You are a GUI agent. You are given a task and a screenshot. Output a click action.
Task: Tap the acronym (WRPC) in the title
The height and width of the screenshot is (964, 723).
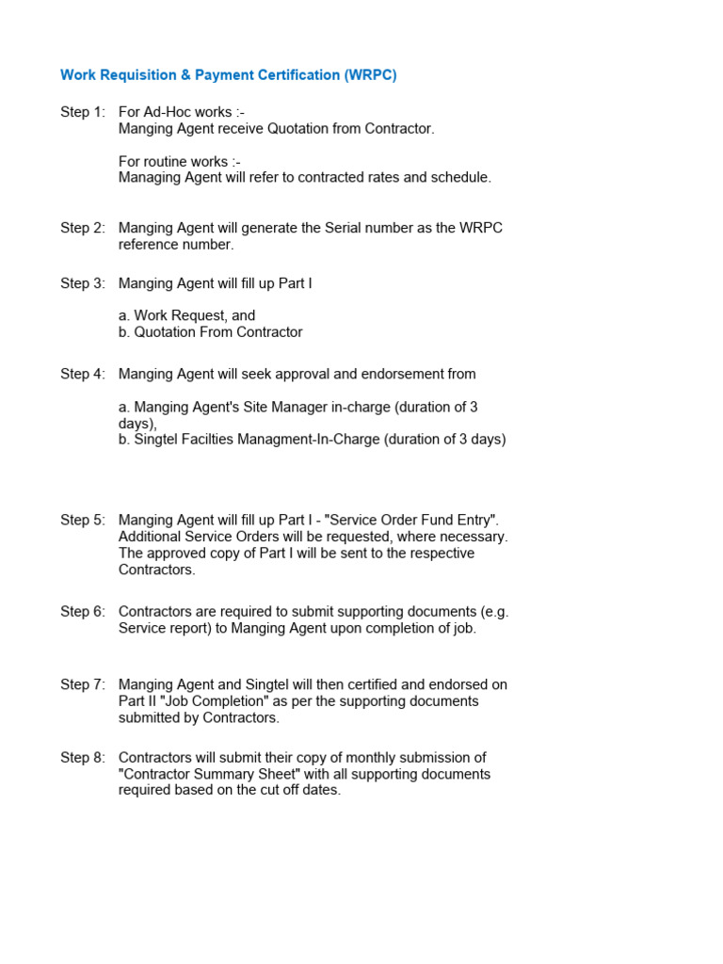(370, 75)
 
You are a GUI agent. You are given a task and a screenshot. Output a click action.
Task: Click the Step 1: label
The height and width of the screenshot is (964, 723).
(83, 112)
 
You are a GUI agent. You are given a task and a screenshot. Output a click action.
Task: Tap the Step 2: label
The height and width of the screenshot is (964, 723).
(83, 228)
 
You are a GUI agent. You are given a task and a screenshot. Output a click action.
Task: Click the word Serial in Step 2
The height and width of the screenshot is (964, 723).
(324, 228)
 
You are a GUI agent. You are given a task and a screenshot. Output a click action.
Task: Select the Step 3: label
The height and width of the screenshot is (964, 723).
(83, 283)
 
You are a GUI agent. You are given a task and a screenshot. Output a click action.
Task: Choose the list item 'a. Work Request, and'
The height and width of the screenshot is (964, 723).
(186, 315)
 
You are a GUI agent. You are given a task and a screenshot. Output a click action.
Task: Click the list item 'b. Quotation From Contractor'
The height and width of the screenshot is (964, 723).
(210, 332)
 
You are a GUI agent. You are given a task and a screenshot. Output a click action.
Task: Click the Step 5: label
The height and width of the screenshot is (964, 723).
(83, 520)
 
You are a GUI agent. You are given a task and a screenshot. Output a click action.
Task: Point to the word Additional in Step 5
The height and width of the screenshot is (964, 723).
(149, 537)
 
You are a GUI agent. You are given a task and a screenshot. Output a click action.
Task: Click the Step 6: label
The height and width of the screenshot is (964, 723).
(83, 611)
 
